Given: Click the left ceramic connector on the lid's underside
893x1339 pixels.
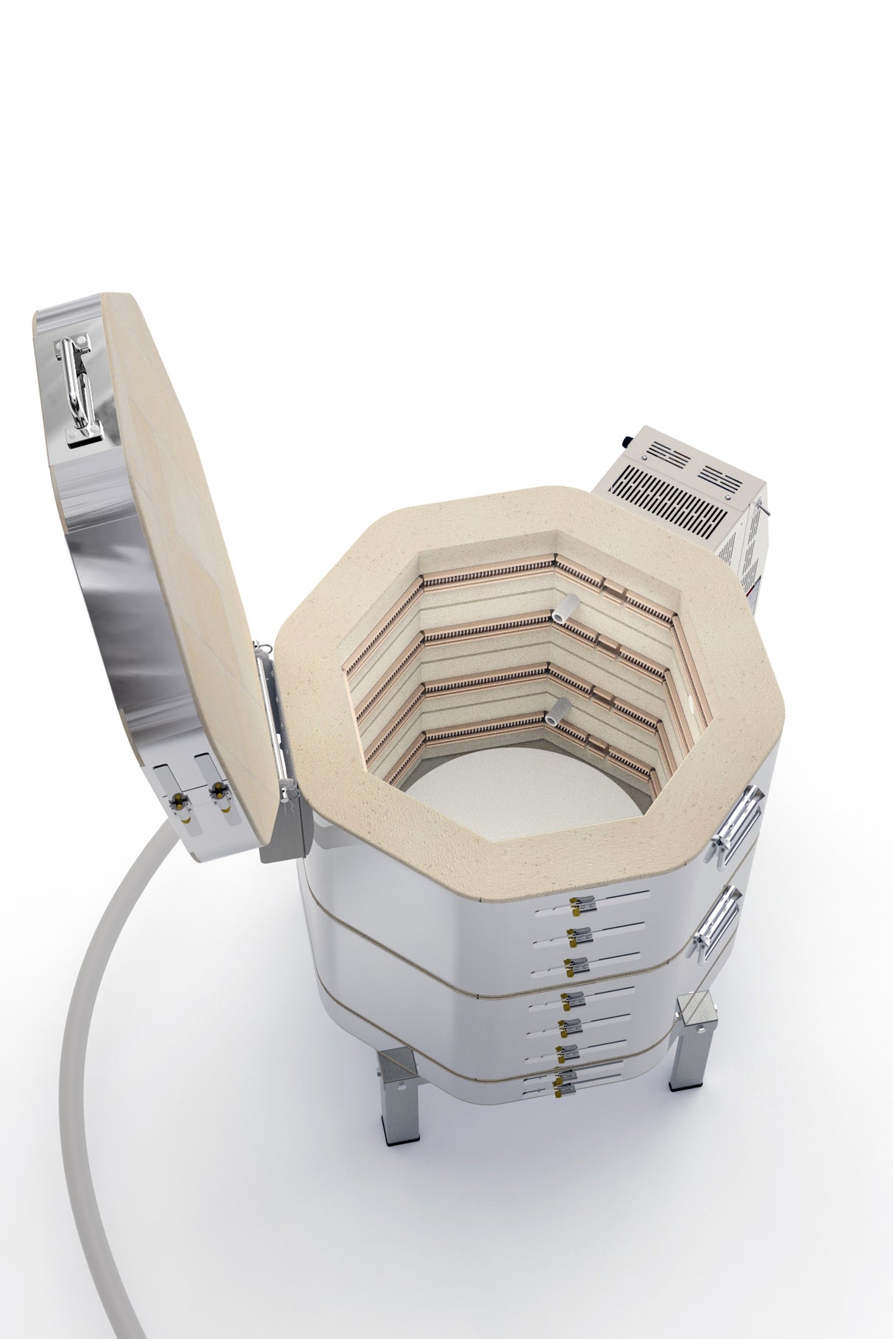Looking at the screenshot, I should coord(178,799).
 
